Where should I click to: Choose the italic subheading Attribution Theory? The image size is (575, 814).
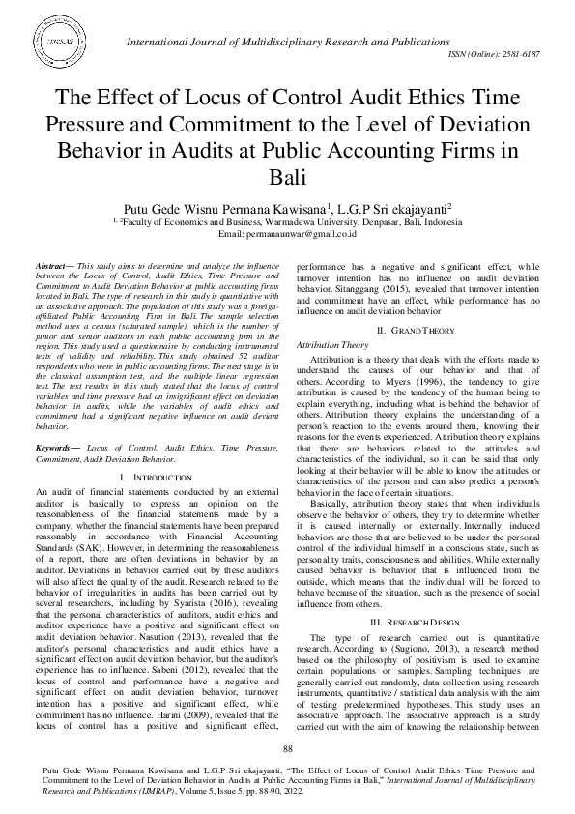tap(331, 344)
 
